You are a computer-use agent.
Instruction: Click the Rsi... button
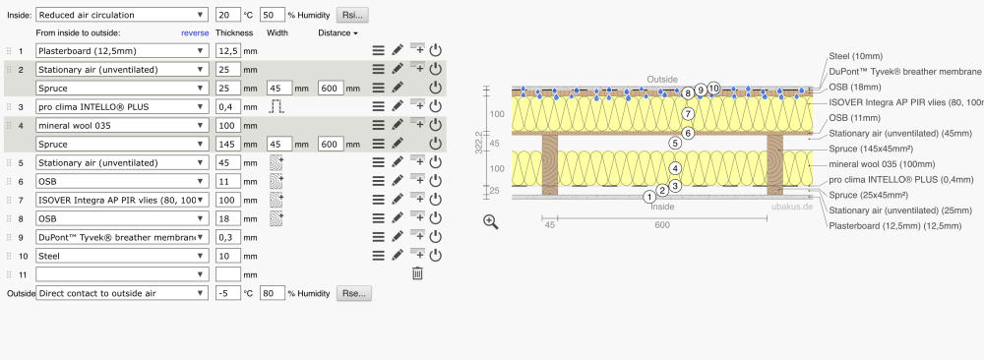click(x=352, y=15)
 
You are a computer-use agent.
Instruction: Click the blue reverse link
click(x=195, y=32)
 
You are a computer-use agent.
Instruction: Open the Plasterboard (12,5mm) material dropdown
click(x=122, y=51)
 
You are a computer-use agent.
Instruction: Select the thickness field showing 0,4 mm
click(x=228, y=106)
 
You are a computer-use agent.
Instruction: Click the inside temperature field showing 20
click(x=228, y=15)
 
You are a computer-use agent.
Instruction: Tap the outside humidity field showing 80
click(x=273, y=293)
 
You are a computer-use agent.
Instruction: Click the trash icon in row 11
click(x=417, y=273)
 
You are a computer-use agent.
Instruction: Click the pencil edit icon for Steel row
click(x=398, y=256)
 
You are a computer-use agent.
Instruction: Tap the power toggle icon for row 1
click(x=436, y=51)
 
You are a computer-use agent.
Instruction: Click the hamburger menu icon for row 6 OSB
click(x=378, y=181)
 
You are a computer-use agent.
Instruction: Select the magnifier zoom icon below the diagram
click(x=491, y=222)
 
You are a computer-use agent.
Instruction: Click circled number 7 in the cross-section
click(x=689, y=114)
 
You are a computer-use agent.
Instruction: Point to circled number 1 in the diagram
click(x=649, y=198)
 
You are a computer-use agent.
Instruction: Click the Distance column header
click(x=338, y=32)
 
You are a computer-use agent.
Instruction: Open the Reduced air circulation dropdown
click(x=122, y=15)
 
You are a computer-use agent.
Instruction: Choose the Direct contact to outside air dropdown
click(x=122, y=293)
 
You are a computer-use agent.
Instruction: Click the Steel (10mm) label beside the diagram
click(x=855, y=56)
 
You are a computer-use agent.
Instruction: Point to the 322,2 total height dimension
click(x=479, y=144)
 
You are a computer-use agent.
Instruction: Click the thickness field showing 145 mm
click(x=228, y=144)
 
